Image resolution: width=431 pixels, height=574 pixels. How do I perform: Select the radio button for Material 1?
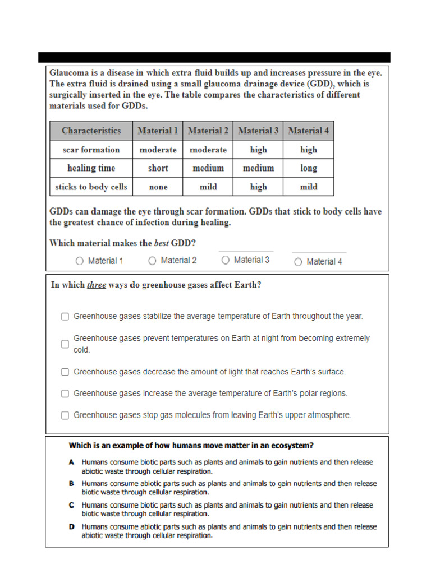tap(79, 261)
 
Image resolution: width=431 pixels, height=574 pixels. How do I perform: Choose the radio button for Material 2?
tap(152, 261)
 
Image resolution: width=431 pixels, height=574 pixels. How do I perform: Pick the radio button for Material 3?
tap(225, 260)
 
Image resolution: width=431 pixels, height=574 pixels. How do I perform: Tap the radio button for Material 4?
tap(298, 262)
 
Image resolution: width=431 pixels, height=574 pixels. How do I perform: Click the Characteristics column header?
tap(91, 131)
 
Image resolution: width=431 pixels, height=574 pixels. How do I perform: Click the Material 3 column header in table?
tap(258, 131)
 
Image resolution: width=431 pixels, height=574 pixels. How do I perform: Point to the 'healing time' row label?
tap(91, 168)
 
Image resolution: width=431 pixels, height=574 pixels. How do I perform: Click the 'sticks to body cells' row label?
tap(91, 187)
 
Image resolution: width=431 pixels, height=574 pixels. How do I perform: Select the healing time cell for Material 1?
tap(158, 168)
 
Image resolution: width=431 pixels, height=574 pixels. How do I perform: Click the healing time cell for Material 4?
tap(308, 168)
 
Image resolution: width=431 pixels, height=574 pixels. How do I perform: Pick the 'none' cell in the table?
tap(158, 187)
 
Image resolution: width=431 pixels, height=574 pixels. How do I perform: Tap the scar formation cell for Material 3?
tap(258, 150)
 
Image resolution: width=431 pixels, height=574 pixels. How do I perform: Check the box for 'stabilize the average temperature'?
tap(65, 317)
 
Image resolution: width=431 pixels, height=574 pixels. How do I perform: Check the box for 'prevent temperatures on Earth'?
tap(65, 344)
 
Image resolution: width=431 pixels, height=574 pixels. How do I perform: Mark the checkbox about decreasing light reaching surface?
tap(65, 372)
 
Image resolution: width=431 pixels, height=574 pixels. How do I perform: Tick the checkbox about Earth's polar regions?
tap(65, 394)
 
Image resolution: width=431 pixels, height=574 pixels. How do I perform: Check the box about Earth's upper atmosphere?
tap(65, 415)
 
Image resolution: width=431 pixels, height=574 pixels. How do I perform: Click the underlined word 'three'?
tap(96, 285)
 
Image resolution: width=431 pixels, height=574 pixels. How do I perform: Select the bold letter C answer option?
tap(72, 505)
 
